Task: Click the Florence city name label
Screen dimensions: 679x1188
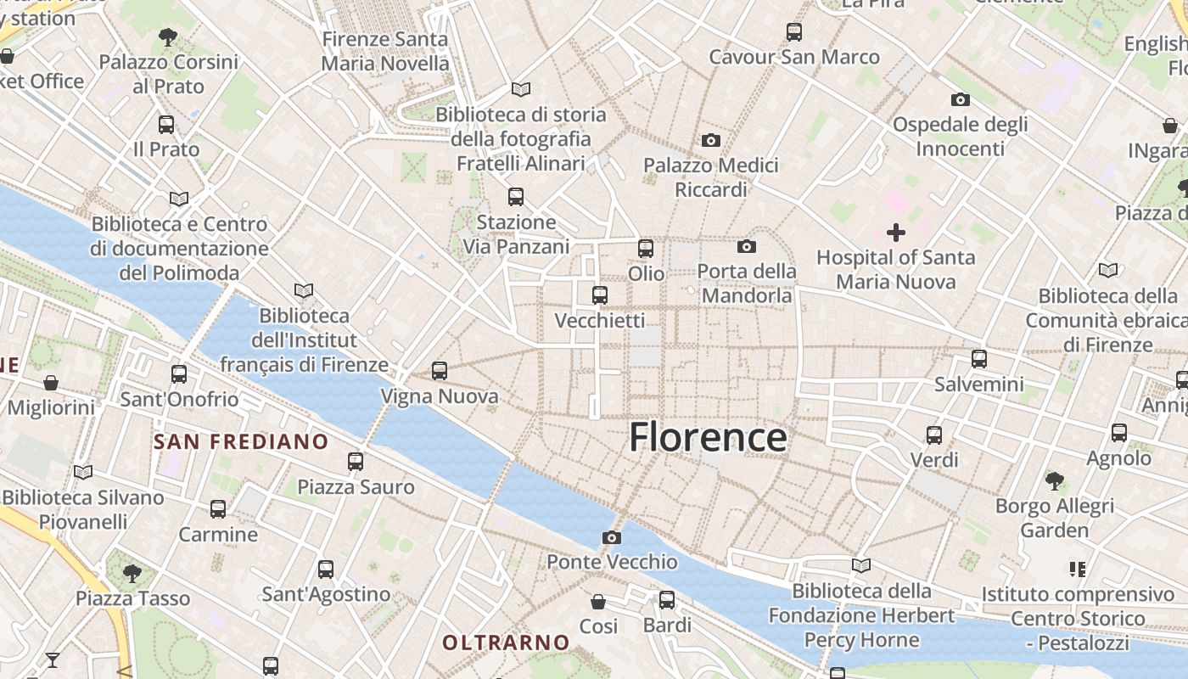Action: tap(708, 437)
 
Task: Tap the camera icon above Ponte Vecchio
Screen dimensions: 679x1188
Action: tap(611, 537)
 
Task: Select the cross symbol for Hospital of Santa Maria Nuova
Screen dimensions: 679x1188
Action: tap(895, 232)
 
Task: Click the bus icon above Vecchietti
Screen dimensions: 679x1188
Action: tap(600, 295)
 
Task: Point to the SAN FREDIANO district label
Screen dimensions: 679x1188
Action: tap(241, 441)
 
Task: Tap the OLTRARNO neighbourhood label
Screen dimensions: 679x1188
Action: tap(506, 643)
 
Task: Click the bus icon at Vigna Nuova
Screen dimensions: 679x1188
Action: tap(439, 371)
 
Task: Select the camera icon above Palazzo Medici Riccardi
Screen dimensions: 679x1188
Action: tap(711, 140)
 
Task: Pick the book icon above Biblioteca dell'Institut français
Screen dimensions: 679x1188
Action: tap(303, 290)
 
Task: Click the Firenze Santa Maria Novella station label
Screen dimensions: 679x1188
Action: tap(385, 51)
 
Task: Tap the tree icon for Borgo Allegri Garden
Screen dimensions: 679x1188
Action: tap(1055, 481)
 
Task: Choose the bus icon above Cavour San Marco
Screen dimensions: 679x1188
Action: tap(793, 32)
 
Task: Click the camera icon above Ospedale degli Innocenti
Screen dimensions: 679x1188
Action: tap(960, 99)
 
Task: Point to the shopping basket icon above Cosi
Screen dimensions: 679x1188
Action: tap(598, 601)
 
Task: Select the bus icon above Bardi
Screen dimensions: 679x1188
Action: tap(667, 600)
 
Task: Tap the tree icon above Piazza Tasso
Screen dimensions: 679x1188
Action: tap(132, 573)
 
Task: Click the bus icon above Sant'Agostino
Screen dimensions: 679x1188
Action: tap(326, 570)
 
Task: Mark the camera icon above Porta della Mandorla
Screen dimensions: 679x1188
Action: tap(747, 246)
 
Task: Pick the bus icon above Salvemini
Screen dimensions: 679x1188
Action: tap(979, 359)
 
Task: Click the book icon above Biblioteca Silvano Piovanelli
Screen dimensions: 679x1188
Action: tap(82, 472)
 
